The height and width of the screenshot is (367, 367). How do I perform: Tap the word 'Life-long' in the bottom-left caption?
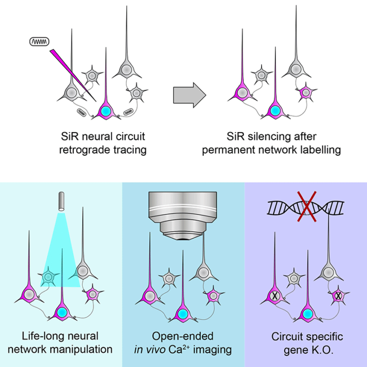point(39,336)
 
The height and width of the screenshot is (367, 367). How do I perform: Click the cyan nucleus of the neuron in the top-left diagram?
point(106,112)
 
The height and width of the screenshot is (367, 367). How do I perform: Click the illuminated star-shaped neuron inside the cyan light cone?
point(50,275)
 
